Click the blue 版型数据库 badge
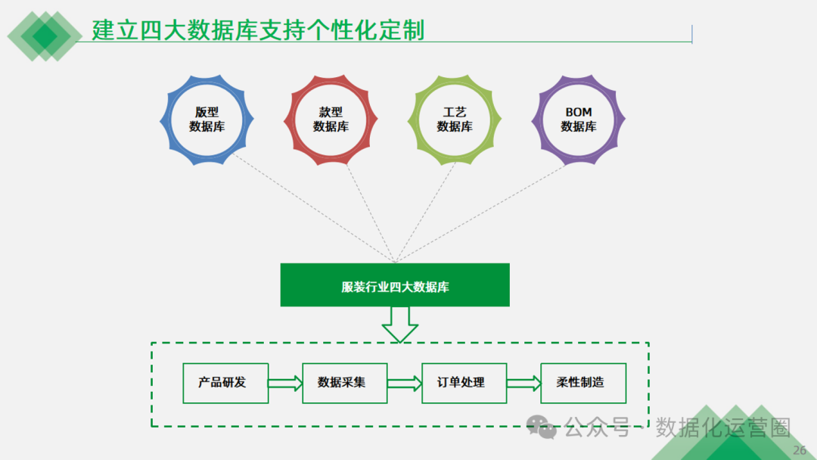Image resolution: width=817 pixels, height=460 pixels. (207, 120)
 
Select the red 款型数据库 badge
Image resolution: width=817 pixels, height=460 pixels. (331, 120)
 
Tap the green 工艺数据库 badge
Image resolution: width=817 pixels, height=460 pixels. (455, 120)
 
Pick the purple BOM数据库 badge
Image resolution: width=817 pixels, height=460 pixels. (579, 120)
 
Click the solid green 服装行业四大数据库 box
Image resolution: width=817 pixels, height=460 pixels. (395, 285)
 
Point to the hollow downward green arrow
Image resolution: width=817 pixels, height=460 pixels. (399, 325)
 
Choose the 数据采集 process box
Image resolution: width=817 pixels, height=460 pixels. (344, 383)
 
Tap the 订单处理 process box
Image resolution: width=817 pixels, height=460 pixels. (464, 383)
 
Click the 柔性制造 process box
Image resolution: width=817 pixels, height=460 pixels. (583, 383)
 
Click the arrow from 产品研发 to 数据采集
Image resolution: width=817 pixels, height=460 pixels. (285, 384)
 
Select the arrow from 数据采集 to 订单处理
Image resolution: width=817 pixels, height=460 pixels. (405, 384)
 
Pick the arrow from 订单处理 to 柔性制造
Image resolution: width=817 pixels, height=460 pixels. (524, 384)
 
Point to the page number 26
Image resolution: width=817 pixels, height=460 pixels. (800, 451)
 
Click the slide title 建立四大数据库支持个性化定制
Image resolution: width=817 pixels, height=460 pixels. (258, 30)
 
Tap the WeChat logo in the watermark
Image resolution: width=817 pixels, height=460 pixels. (542, 427)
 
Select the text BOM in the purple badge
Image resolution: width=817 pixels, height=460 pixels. (579, 112)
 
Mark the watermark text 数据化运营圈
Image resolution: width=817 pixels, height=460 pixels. (723, 427)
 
